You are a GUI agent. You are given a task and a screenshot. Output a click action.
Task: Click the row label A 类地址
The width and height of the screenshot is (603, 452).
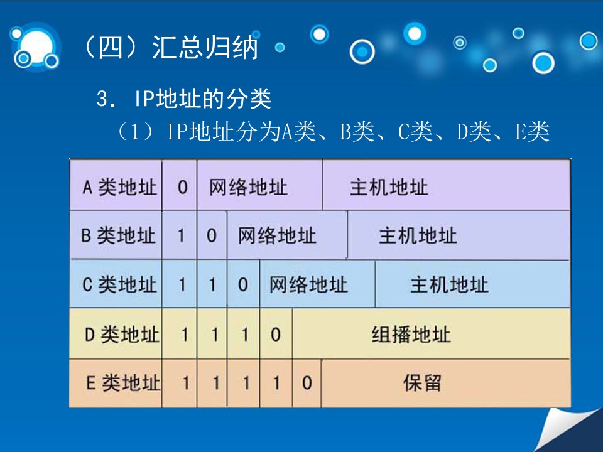119,188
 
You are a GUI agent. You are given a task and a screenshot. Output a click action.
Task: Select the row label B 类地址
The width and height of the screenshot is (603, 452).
119,235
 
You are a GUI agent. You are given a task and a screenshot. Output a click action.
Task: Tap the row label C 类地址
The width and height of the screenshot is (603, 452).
119,285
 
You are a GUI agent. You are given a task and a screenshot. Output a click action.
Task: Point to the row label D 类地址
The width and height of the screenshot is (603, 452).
122,335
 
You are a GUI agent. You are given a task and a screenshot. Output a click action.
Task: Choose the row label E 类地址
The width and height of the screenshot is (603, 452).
123,383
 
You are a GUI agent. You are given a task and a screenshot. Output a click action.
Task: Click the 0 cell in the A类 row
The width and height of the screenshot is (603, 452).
182,188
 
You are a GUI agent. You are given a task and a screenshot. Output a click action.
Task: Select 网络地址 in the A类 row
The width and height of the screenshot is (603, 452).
248,188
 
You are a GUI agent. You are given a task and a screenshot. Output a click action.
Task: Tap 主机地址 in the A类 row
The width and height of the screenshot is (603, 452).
389,188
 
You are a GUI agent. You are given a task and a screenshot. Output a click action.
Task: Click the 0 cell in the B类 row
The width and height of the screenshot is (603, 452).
212,235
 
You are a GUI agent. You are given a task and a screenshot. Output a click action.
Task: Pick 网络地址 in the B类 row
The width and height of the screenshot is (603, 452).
277,235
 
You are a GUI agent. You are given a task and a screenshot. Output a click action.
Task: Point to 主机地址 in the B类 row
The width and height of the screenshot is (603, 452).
418,235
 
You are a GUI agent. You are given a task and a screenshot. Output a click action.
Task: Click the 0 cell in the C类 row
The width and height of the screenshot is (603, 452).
242,285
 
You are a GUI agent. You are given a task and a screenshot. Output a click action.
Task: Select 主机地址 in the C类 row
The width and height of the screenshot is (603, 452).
450,285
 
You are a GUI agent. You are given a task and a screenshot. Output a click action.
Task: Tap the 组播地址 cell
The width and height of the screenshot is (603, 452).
411,335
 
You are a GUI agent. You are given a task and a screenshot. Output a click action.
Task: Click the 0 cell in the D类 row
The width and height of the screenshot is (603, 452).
275,335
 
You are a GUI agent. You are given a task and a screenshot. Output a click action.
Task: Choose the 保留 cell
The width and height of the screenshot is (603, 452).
422,383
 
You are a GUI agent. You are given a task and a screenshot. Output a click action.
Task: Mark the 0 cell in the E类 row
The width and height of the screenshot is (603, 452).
307,383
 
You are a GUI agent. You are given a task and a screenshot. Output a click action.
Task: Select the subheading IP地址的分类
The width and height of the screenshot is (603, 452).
203,99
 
